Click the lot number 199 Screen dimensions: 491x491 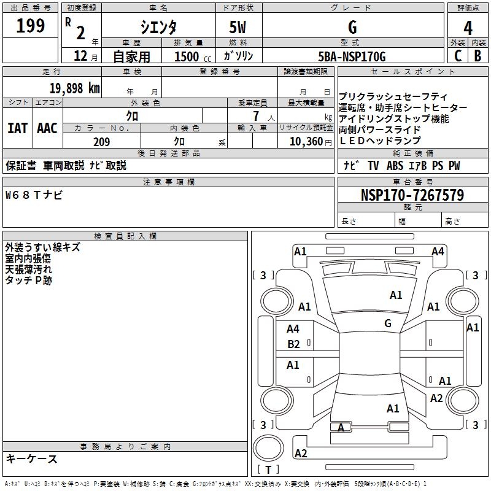point(31,26)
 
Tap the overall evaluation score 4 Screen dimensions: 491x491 point(468,28)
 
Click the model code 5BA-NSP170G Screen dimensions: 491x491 point(352,56)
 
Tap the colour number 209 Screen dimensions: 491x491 point(101,142)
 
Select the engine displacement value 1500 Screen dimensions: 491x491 point(186,56)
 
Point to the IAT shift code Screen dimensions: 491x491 point(17,128)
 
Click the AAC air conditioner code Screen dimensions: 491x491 point(47,128)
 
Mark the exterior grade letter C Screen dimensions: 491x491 point(457,56)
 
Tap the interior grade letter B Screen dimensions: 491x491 point(477,56)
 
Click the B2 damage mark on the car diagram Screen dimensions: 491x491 point(293,344)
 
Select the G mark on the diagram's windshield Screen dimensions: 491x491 point(388,323)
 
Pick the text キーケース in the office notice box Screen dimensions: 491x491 point(32,458)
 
